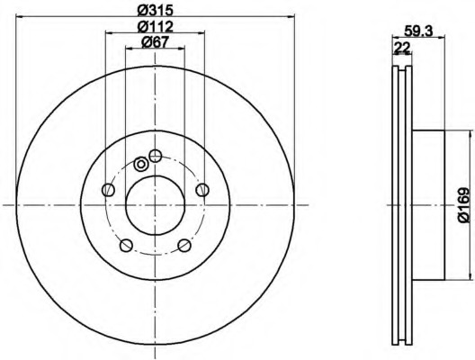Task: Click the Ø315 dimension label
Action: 155,10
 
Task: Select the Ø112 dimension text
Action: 155,27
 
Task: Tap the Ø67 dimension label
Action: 155,42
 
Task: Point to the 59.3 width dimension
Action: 418,31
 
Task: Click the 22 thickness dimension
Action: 402,48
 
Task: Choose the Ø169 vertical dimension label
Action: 463,205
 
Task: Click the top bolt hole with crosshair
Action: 156,156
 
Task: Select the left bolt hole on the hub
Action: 109,190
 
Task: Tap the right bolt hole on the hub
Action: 202,190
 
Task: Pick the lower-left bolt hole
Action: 126,246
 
